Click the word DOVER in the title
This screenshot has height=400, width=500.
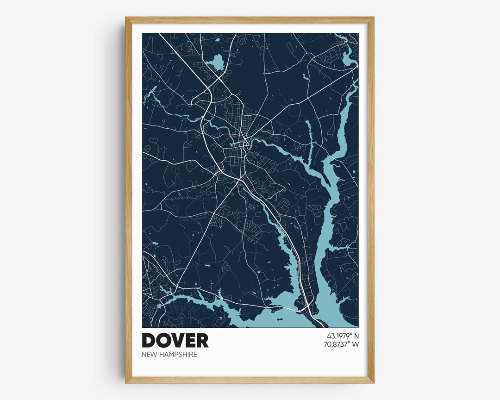175,341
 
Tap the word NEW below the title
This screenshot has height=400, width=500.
150,355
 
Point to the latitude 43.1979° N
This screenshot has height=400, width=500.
343,336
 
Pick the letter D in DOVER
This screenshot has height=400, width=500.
149,341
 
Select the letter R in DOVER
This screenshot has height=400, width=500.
202,341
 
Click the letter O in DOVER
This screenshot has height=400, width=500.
162,341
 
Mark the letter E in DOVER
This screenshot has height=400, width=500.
189,341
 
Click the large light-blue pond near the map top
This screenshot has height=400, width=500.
214,61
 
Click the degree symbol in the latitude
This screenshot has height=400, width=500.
350,334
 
